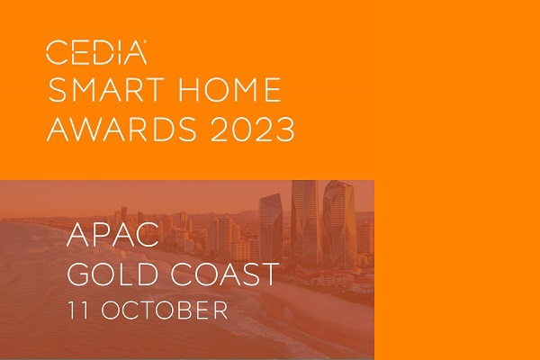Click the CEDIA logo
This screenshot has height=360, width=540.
coord(96,52)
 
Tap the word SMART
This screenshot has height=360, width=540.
coord(106,90)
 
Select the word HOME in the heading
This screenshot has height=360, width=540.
coord(229,90)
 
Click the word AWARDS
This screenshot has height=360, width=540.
coord(121,130)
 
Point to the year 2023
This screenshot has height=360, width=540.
coord(252,130)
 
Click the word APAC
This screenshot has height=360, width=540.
coord(113,235)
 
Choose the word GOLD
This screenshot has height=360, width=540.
coord(113,274)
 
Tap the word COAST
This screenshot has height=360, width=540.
coord(225,274)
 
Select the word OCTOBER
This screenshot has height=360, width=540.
coord(165,310)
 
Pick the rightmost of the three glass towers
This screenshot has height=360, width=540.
coord(339,224)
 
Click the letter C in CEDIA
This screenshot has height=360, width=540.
coord(57,52)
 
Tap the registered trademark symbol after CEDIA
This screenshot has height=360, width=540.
coord(145,41)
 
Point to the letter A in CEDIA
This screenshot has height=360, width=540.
coord(135,53)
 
